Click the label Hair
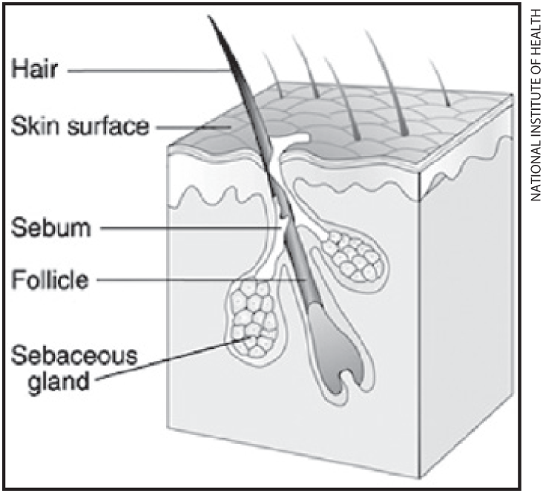pyautogui.click(x=34, y=69)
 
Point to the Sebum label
pyautogui.click(x=51, y=227)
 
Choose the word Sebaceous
pyautogui.click(x=74, y=356)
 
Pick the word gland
pyautogui.click(x=58, y=382)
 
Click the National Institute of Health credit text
pyautogui.click(x=535, y=104)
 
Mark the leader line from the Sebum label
pyautogui.click(x=191, y=228)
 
